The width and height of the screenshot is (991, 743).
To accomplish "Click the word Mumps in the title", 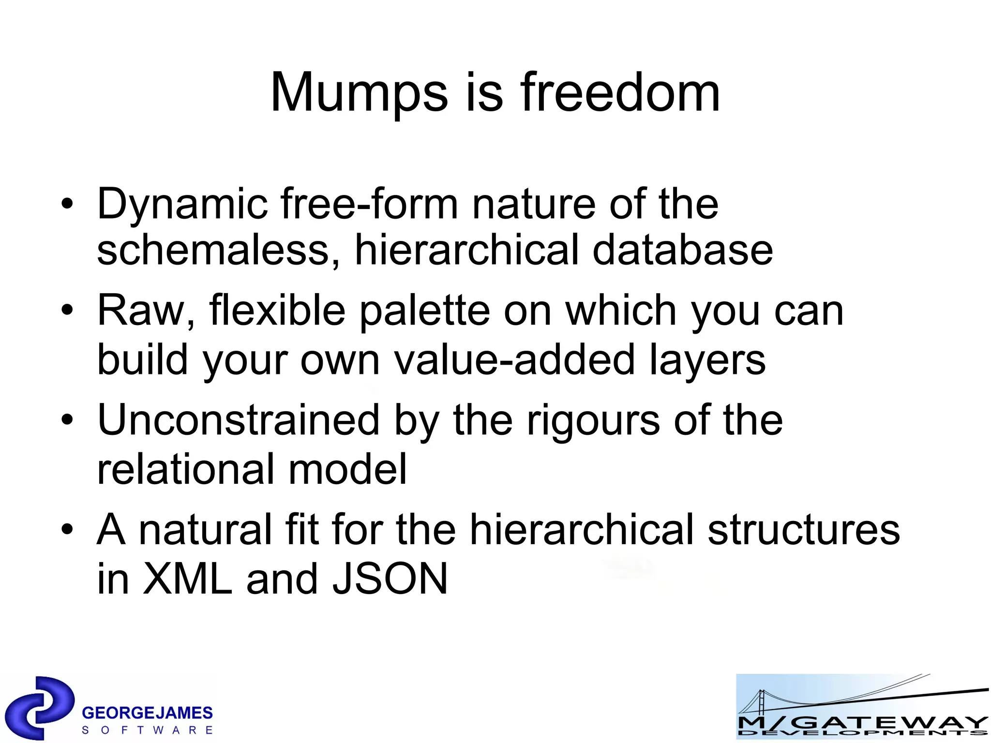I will tap(359, 93).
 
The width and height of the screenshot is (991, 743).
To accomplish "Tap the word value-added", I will tap(514, 360).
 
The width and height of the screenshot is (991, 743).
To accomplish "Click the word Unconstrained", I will tap(238, 420).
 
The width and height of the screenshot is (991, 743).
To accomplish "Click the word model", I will tap(347, 469).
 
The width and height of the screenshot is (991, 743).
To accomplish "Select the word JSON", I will tap(390, 579).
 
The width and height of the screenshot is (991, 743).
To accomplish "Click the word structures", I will tap(803, 530).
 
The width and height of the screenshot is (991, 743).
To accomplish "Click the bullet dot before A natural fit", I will tap(68, 530).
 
